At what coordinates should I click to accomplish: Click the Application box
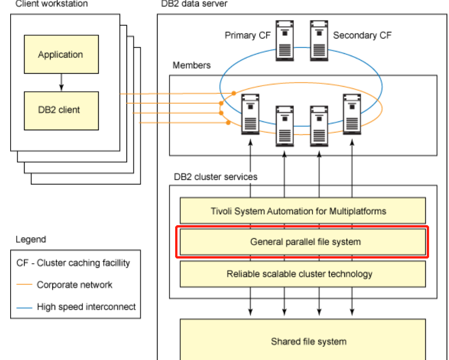[x=61, y=55]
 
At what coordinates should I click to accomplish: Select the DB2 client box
[x=61, y=110]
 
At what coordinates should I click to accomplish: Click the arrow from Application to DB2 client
[x=61, y=82]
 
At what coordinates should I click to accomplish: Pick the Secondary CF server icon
[x=319, y=40]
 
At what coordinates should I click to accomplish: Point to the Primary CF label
[x=247, y=35]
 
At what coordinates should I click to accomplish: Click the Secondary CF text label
[x=362, y=35]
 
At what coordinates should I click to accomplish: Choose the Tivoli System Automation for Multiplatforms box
[x=302, y=211]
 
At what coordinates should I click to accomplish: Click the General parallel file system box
[x=302, y=241]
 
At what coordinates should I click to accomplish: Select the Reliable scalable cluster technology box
[x=302, y=274]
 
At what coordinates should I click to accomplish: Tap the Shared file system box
[x=302, y=341]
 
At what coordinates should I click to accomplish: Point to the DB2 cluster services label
[x=215, y=177]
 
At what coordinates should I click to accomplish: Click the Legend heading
[x=31, y=240]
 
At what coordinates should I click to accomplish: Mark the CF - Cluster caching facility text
[x=73, y=263]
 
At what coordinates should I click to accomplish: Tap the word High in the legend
[x=46, y=306]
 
